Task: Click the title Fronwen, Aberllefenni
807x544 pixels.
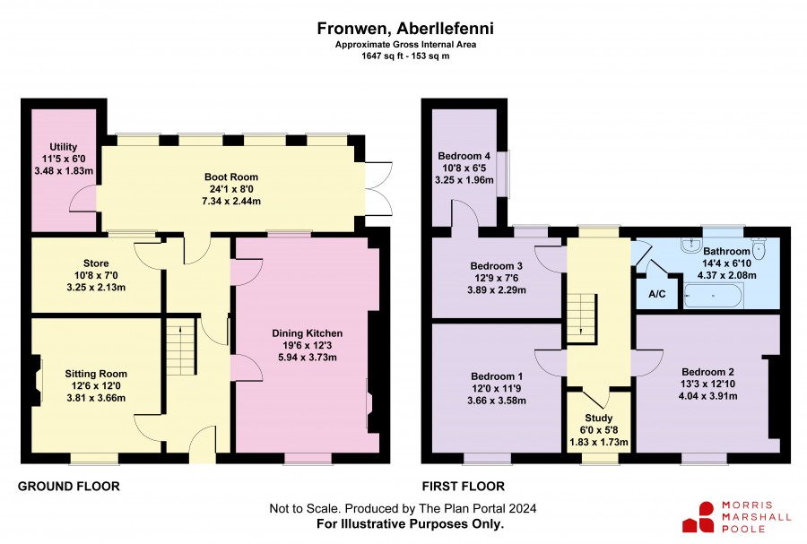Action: coord(405,29)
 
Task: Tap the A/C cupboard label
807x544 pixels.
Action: coord(656,294)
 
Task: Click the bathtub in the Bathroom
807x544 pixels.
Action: coord(714,296)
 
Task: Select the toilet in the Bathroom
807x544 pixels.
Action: coord(759,247)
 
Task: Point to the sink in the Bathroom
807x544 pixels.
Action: coord(690,245)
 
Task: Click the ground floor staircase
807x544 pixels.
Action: coord(180,347)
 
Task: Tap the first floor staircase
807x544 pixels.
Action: coord(582,318)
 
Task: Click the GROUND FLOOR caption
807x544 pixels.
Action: coord(68,487)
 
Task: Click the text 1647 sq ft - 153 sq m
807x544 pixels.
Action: coord(405,56)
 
